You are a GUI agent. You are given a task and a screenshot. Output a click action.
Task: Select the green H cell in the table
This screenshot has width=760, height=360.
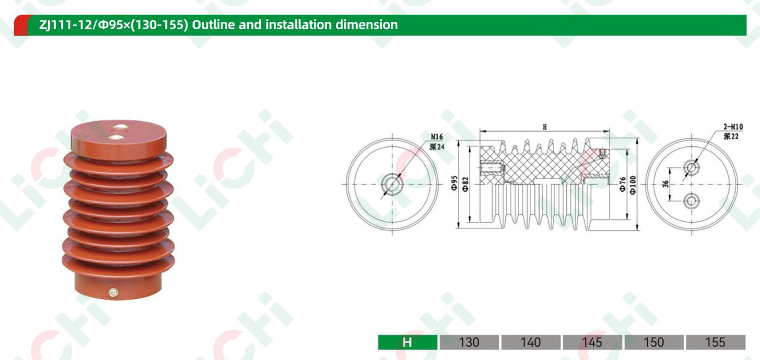[x=408, y=342]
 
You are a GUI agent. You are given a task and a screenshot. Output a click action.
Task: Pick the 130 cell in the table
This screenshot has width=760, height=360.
[x=469, y=342]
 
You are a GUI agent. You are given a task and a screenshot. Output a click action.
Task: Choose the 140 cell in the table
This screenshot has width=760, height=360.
[x=531, y=342]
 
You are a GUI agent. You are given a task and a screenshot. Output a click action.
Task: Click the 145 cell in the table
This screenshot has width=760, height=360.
[x=592, y=342]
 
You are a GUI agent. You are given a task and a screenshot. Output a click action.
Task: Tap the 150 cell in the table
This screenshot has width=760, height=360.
[x=654, y=342]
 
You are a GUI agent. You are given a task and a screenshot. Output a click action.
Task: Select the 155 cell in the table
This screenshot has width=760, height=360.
[x=715, y=342]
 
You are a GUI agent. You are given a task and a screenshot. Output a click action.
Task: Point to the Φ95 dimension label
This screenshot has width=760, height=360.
[x=454, y=183]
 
